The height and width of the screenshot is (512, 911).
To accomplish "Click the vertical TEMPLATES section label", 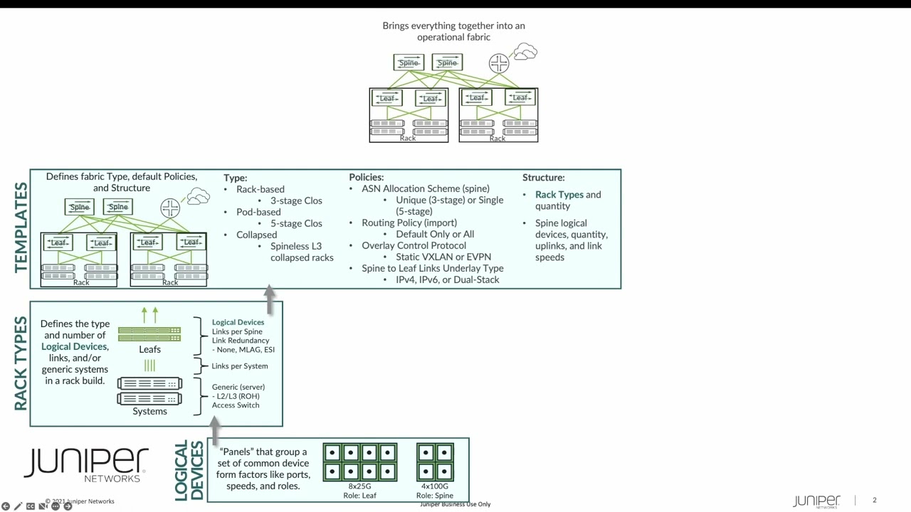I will tap(21, 228).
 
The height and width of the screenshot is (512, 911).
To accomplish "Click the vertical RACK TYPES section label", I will tap(21, 363).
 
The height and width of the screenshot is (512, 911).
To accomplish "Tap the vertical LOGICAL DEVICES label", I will tap(189, 470).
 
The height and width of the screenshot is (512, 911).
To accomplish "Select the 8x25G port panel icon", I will tap(359, 462).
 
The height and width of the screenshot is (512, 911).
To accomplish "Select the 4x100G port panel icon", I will tap(434, 462).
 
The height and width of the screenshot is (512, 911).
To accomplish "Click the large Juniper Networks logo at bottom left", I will tap(86, 464).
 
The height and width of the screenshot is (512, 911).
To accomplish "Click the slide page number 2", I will tap(875, 501).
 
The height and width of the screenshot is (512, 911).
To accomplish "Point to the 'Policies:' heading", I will tap(366, 177).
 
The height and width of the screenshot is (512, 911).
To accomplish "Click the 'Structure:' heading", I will tap(543, 177).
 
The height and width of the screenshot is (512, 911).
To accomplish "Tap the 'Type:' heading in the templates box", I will tap(235, 178).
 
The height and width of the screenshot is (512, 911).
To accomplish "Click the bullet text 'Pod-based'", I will tap(258, 212).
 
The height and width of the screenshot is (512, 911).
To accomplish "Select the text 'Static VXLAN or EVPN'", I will tap(443, 257).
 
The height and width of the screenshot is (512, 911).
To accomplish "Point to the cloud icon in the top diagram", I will tap(525, 51).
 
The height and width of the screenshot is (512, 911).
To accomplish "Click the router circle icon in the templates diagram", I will tap(170, 208).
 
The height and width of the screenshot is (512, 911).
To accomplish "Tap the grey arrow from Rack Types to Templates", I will tap(270, 299).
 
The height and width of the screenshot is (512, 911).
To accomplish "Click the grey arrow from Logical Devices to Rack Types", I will tap(215, 428).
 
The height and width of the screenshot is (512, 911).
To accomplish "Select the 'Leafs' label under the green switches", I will tap(149, 349).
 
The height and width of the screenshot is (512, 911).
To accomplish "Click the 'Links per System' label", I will tap(240, 366).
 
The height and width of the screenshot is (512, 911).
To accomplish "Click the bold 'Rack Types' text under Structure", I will tap(559, 195).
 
